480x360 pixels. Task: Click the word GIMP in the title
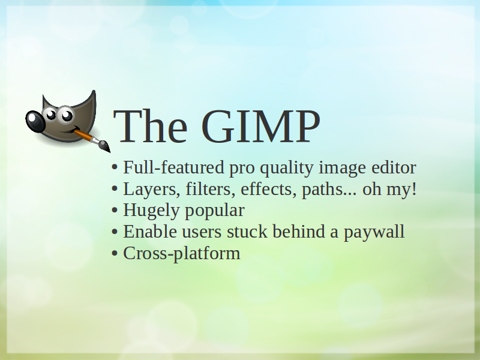point(261,127)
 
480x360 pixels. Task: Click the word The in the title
point(150,127)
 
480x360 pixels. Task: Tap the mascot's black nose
point(35,121)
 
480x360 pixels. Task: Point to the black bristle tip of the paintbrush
point(105,146)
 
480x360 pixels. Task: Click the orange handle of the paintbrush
point(83,136)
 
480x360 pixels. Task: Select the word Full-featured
point(173,168)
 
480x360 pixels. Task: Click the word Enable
point(149,232)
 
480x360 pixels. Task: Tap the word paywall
point(374,232)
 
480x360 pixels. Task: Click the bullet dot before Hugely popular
point(115,210)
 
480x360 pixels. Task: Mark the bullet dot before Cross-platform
point(115,253)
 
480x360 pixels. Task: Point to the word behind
point(299,232)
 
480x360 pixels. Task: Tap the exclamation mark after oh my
point(415,189)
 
